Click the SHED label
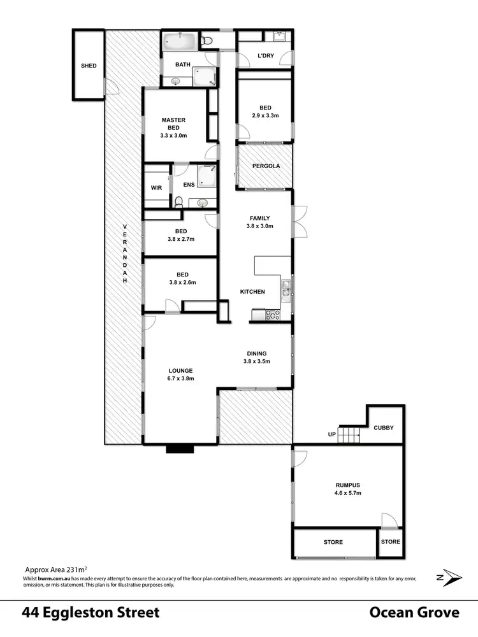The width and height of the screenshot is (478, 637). tap(89, 66)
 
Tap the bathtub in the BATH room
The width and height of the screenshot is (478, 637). tap(179, 43)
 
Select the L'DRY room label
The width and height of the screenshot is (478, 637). tap(265, 57)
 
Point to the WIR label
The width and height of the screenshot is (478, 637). tap(156, 188)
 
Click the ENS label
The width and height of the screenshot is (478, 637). tap(188, 185)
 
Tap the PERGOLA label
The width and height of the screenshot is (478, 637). tap(266, 166)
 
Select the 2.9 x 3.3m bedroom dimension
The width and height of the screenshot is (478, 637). tap(265, 116)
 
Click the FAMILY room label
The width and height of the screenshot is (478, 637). tap(260, 218)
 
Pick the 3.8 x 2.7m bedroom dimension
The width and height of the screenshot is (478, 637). tap(182, 239)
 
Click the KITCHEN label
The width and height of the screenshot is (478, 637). tap(252, 292)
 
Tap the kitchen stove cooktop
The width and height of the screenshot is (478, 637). tap(273, 314)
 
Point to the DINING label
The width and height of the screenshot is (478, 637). tap(257, 354)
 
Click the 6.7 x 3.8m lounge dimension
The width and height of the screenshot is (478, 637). tap(181, 378)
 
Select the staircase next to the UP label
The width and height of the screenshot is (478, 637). tap(349, 435)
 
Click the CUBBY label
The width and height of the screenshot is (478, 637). tap(384, 429)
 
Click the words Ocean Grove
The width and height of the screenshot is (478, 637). tap(414, 613)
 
